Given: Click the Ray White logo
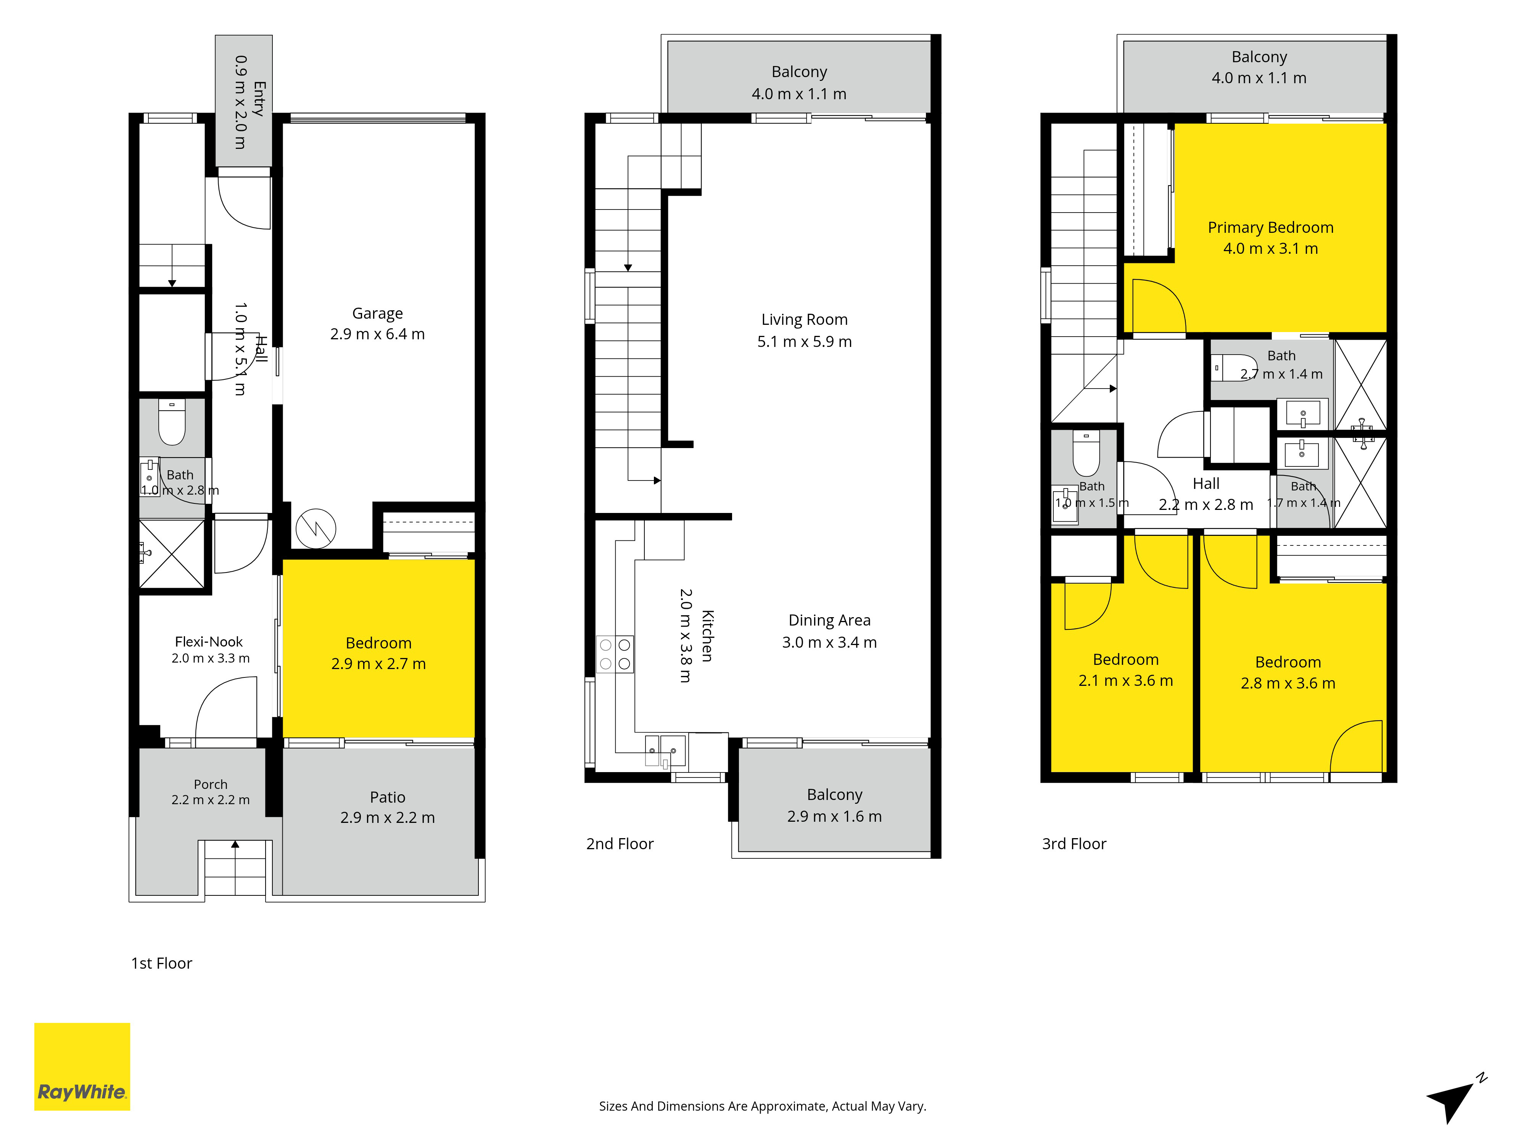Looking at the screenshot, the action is coord(82,1066).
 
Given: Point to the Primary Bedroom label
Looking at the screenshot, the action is coord(1271,237).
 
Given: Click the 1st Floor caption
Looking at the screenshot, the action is coord(161,963).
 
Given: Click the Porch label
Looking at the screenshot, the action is coord(211,792).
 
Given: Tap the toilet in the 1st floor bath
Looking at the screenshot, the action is coord(172,423).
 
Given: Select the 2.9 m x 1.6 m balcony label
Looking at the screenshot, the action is coord(835,805).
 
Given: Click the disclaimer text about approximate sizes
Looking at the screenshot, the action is coord(762,1106).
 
